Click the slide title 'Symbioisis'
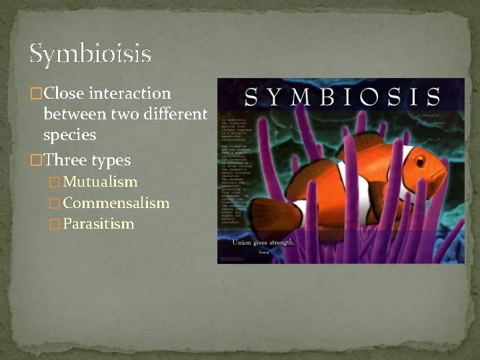click(90, 54)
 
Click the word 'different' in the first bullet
click(175, 114)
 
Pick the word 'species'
click(69, 135)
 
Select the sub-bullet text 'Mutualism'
click(100, 182)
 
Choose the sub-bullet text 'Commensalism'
click(116, 203)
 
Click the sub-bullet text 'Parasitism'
click(98, 224)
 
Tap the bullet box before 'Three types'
click(37, 161)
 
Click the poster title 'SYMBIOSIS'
click(341, 97)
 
